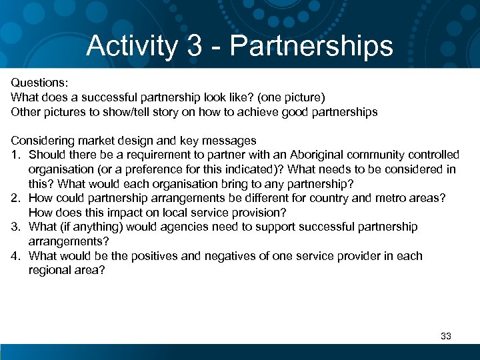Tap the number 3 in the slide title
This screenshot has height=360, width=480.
tap(195, 46)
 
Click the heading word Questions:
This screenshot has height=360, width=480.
tap(39, 83)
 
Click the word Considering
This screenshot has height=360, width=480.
tap(41, 141)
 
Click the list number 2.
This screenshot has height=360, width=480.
tap(15, 198)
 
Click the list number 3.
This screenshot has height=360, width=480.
tap(15, 227)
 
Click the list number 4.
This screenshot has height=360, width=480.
tap(15, 256)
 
